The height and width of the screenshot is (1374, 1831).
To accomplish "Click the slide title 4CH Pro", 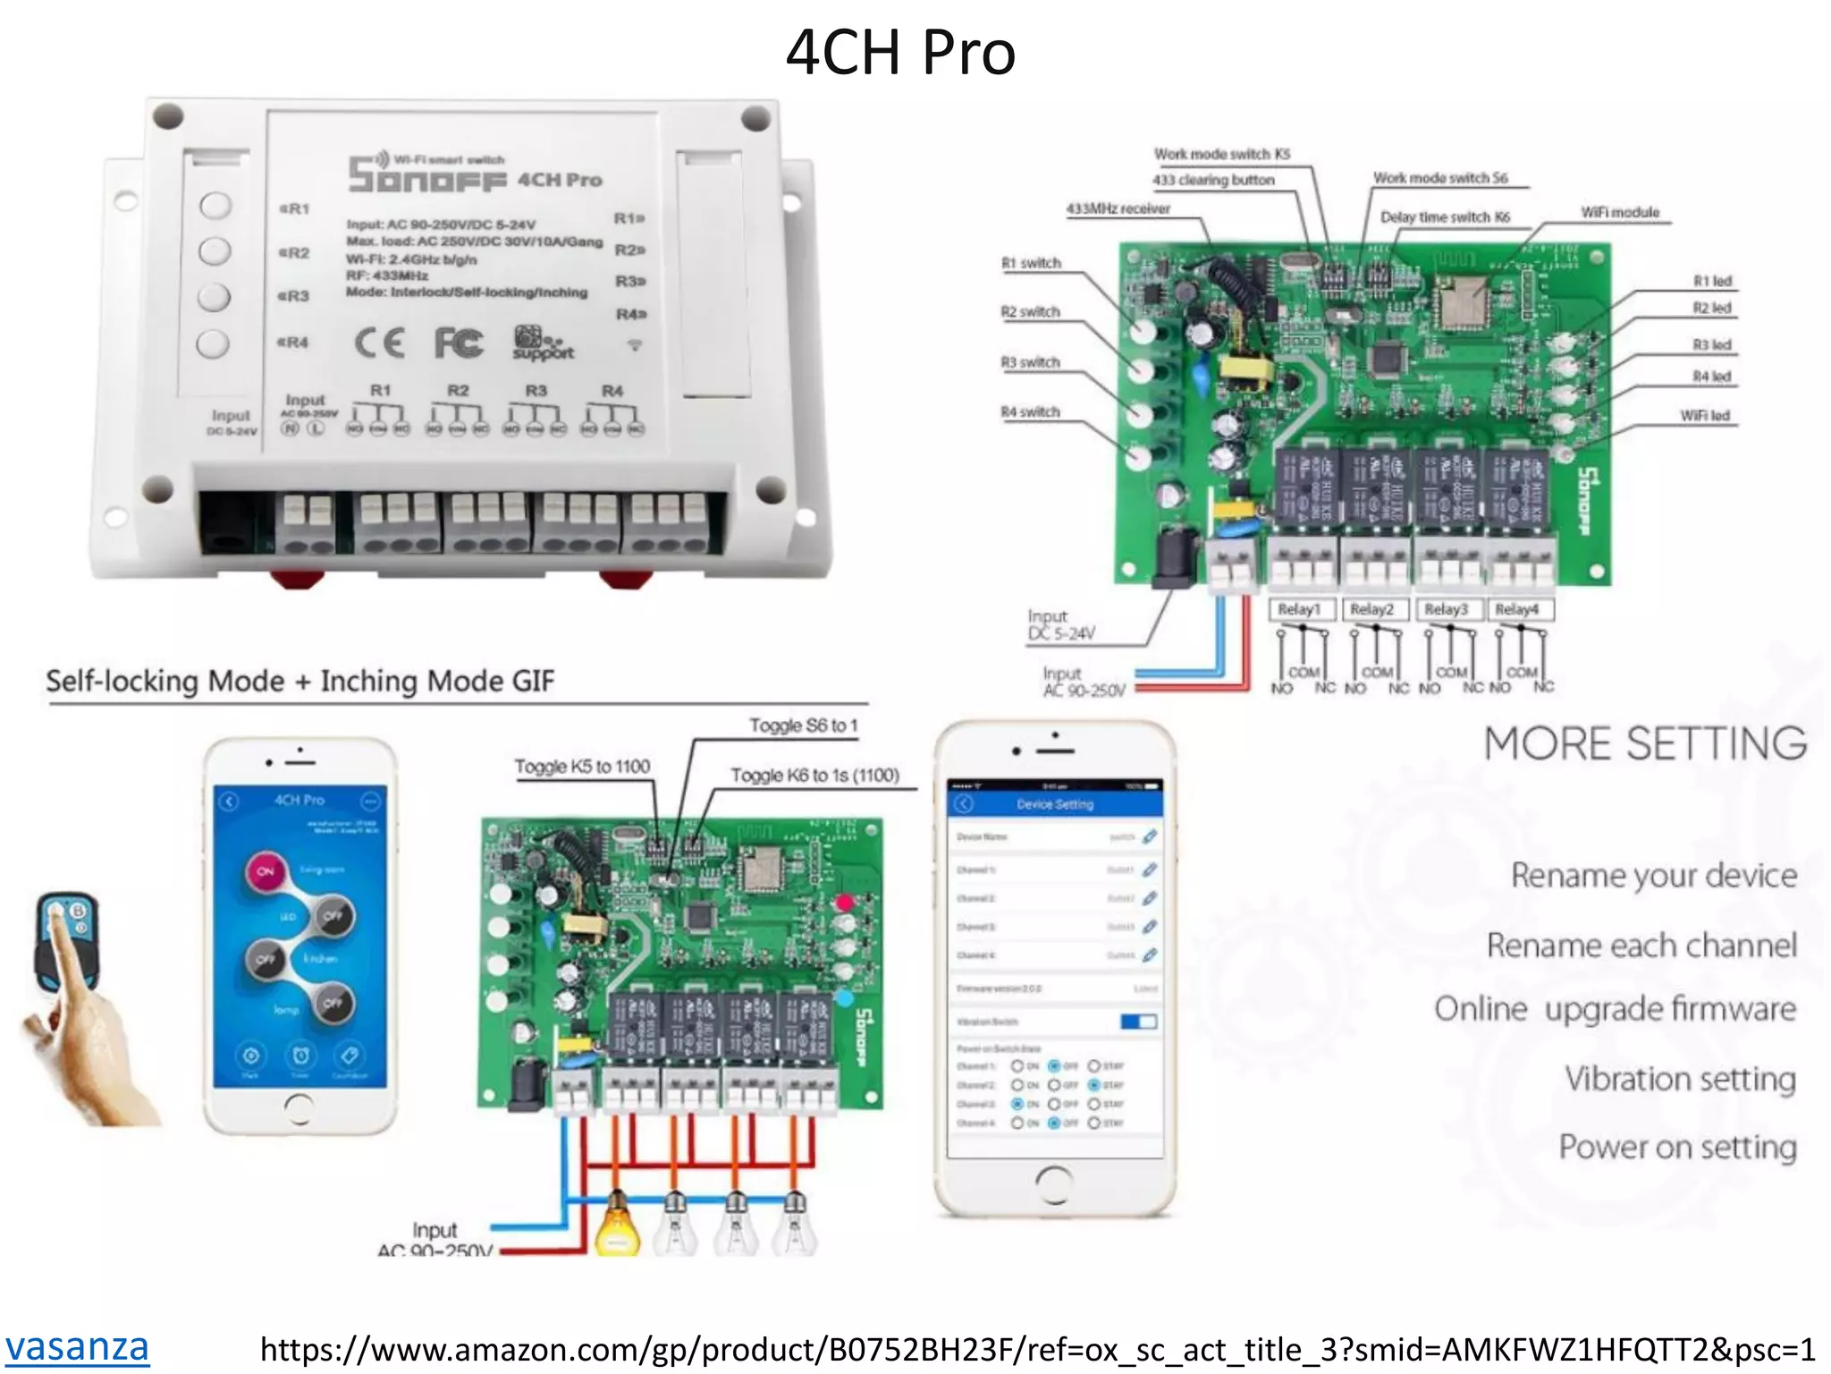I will click(900, 52).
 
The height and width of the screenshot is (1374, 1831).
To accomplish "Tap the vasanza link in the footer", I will click(77, 1346).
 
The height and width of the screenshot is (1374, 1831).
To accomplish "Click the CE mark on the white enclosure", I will click(380, 343).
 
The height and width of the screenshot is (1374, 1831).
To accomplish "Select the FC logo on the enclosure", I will click(459, 343).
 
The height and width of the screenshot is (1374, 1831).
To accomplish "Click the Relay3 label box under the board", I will click(1446, 609).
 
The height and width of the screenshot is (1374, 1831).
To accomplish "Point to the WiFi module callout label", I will click(1619, 212).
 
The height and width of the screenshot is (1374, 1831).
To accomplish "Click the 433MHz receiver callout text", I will click(1118, 208).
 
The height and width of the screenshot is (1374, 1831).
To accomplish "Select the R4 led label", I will click(1711, 377).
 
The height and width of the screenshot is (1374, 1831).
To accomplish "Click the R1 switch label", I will click(1031, 263).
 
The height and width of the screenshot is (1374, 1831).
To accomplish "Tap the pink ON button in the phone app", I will click(266, 870).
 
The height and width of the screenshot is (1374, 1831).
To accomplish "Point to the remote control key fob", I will click(67, 939).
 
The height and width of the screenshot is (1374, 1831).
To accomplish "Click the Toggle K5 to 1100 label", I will click(582, 767).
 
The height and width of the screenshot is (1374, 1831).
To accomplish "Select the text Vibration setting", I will click(1680, 1079).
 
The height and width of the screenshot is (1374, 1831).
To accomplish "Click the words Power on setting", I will click(1677, 1147).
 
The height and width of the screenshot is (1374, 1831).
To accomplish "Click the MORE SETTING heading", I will click(1645, 743).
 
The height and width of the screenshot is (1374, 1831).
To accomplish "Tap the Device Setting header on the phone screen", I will click(1055, 804).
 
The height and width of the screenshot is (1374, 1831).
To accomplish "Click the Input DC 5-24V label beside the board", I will click(1060, 625).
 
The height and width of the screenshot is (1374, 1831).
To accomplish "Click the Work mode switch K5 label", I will click(1221, 154).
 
